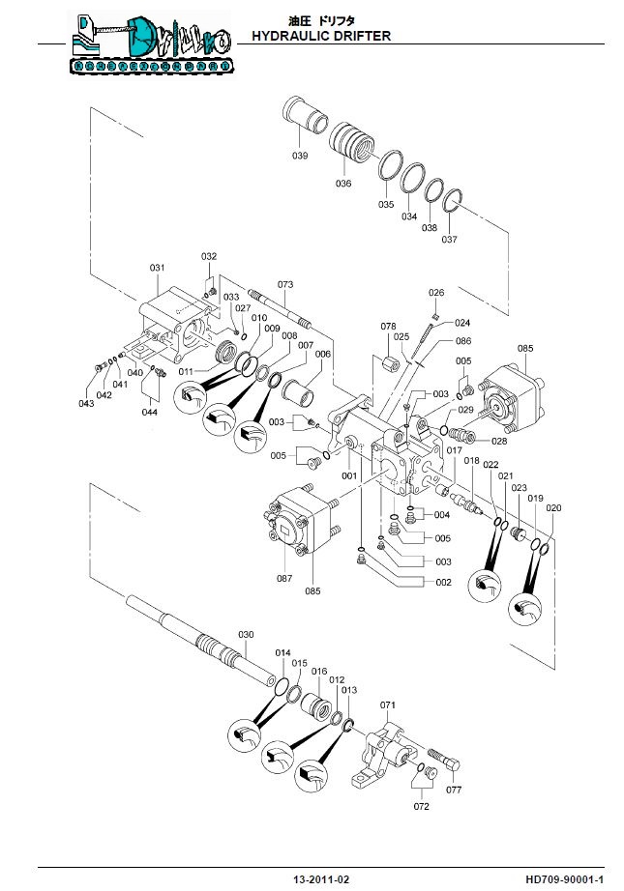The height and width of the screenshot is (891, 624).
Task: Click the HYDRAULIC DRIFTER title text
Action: pyautogui.click(x=320, y=36)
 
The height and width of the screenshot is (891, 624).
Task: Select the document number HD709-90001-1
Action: pyautogui.click(x=565, y=879)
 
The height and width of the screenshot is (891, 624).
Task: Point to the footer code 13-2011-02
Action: pyautogui.click(x=321, y=879)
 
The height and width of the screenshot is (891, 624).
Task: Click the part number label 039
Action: pyautogui.click(x=300, y=156)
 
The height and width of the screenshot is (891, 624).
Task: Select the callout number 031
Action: pyautogui.click(x=157, y=268)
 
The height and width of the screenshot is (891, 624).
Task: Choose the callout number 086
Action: pyautogui.click(x=462, y=341)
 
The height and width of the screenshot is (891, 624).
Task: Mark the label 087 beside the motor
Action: pyautogui.click(x=284, y=578)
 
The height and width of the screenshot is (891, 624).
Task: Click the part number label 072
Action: pyautogui.click(x=421, y=805)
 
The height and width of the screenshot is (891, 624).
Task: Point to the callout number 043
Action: pyautogui.click(x=88, y=403)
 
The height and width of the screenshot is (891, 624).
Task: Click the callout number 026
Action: pyautogui.click(x=436, y=293)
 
